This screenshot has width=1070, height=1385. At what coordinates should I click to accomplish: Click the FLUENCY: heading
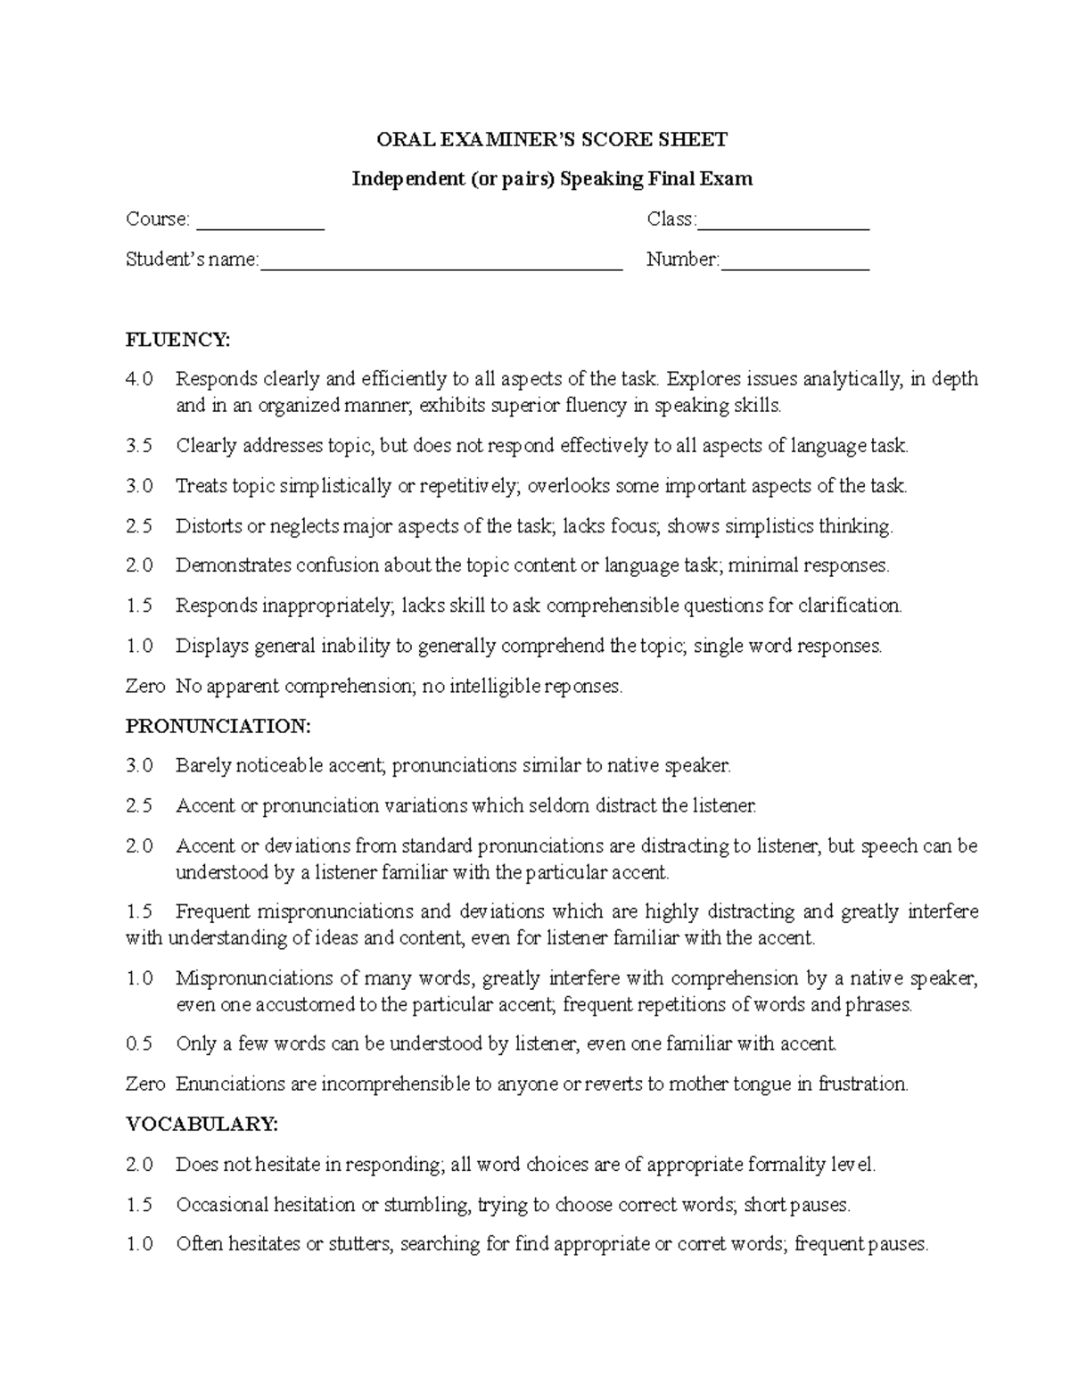[x=177, y=340]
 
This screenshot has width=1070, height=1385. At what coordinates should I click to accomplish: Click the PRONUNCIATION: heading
[x=218, y=726]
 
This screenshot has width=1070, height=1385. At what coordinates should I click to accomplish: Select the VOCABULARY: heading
[x=202, y=1125]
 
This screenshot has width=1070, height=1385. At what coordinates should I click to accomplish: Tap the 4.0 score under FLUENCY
[x=139, y=379]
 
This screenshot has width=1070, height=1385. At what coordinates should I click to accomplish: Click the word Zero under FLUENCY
[x=145, y=687]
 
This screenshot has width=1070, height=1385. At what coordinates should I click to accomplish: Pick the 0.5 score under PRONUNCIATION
[x=139, y=1043]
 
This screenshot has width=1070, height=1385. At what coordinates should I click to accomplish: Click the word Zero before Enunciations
[x=145, y=1084]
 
